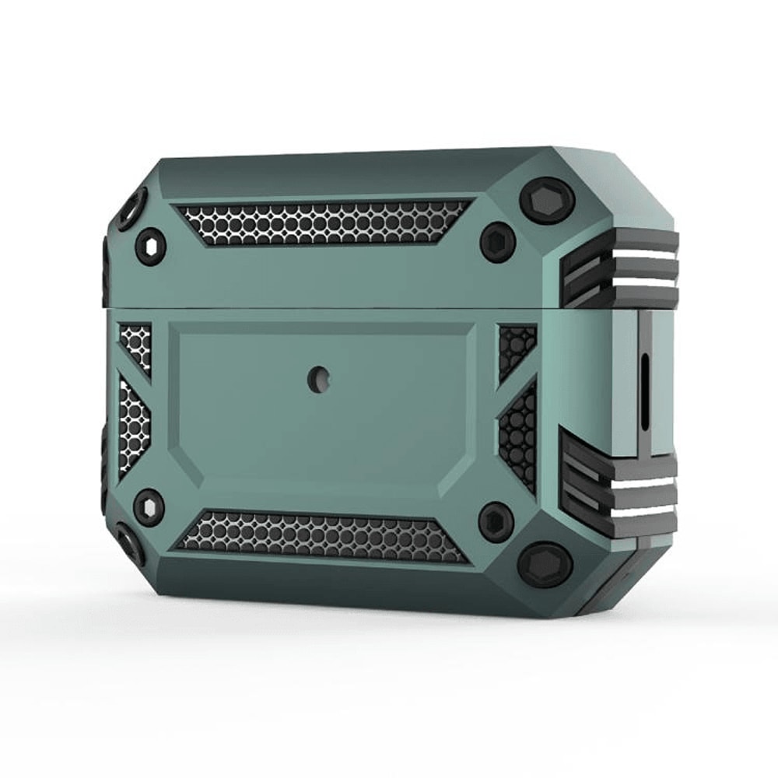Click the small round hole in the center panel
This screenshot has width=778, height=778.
click(317, 379)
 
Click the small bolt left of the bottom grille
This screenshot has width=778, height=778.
click(148, 506)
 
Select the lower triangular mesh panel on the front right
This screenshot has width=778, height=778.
click(519, 436)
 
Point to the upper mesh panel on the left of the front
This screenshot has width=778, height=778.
click(134, 346)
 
